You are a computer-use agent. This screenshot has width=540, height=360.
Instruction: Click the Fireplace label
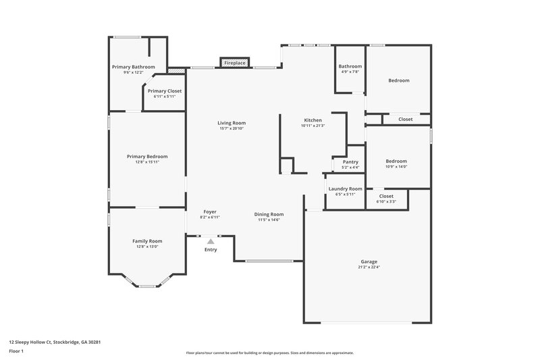pos(234,63)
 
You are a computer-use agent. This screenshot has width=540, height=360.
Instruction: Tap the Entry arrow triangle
pos(211,240)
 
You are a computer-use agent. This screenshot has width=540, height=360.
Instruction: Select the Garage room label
pos(369,261)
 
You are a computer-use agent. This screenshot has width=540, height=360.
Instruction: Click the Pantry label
pos(350,162)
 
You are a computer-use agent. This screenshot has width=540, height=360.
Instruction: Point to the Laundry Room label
pos(345,188)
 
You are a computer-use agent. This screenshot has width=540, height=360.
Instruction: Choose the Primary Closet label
pos(164,91)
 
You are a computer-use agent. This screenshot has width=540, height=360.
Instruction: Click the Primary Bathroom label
pos(133,67)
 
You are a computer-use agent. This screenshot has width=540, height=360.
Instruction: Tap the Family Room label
pos(146,240)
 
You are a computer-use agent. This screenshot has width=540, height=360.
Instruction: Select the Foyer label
pos(210,211)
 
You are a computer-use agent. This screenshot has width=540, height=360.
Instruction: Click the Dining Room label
pos(269,213)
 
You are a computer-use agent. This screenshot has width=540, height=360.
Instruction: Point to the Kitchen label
pos(313,120)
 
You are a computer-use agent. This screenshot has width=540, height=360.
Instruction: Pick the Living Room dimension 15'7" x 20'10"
pos(230,128)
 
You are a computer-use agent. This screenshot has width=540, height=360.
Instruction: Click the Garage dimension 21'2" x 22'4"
pos(369,267)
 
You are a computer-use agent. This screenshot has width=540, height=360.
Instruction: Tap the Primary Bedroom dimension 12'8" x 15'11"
pos(147,162)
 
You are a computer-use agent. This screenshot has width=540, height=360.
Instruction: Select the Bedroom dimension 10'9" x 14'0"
pos(396,166)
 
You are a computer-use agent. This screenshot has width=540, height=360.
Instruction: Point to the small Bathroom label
pos(350,66)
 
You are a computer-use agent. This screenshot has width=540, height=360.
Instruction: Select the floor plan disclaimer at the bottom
pos(269,353)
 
